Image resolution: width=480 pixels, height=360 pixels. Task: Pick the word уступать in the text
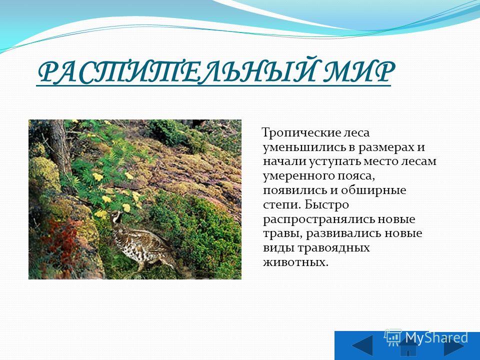pyautogui.click(x=334, y=162)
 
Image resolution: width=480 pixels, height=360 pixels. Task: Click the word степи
pyautogui.click(x=282, y=205)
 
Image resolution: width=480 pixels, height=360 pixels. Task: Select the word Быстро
pyautogui.click(x=327, y=204)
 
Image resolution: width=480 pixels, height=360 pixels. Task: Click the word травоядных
pyautogui.click(x=334, y=248)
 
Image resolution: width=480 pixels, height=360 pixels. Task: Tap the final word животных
pyautogui.click(x=295, y=262)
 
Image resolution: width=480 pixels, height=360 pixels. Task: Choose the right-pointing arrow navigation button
pyautogui.click(x=454, y=346)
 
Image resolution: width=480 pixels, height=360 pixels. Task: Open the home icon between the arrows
pyautogui.click(x=408, y=346)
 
